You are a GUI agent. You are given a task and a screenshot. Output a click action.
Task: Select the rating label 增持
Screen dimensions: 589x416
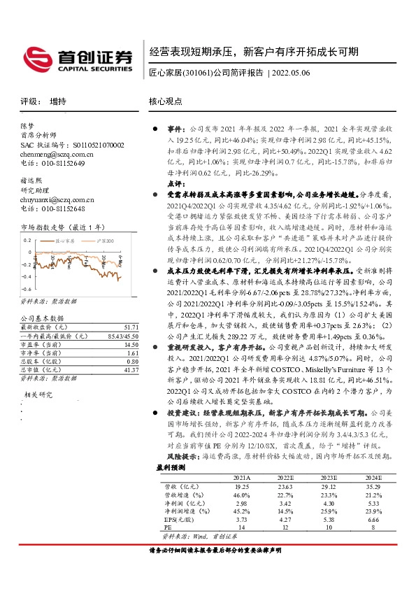click(x=58, y=101)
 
